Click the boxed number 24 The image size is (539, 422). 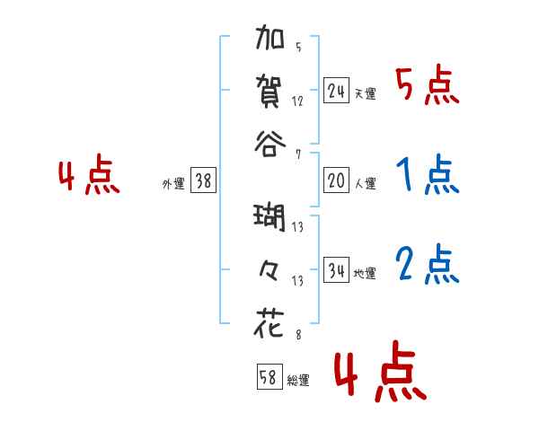point(336,91)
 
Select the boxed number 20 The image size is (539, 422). point(336,180)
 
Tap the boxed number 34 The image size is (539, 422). point(336,270)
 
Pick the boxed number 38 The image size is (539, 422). point(203,180)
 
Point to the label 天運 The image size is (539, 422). point(365,93)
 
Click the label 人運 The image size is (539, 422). point(365,183)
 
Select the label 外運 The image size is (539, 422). point(173,183)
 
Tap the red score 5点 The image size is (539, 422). point(427,87)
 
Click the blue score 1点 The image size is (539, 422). point(427,175)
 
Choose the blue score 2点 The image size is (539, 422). point(427,265)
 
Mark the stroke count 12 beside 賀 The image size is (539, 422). point(298,101)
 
